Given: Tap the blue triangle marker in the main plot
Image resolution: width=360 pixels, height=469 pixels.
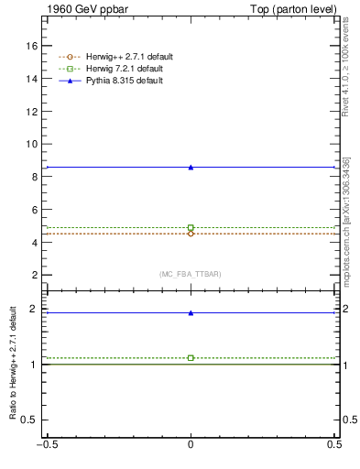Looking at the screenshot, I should coord(191,167).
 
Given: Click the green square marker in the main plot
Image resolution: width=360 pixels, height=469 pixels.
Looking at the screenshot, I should coord(191,227).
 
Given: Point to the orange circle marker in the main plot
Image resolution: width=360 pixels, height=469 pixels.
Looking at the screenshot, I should coord(191,234).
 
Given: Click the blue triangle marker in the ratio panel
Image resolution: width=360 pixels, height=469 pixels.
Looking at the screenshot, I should coord(191,312).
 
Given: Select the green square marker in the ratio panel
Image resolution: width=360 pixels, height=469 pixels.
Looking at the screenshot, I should coord(191,357).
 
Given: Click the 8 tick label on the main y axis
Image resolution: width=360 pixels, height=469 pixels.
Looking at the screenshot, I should coord(35,177).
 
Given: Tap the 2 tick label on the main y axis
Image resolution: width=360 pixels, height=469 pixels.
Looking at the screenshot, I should coord(35,275).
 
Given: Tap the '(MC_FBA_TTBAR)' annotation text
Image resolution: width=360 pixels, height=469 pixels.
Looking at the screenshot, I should coord(191,274).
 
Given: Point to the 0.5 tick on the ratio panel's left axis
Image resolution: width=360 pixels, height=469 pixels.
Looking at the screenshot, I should coord(31,420).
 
